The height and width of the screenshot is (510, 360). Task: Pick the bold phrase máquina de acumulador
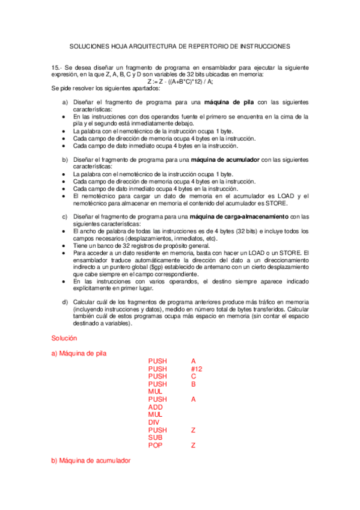[x=225, y=160]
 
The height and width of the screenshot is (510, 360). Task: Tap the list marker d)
[x=66, y=302]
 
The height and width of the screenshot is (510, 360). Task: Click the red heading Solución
[x=64, y=339]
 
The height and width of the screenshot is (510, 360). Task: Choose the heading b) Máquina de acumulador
[x=91, y=460]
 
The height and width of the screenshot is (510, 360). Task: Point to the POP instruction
[x=157, y=446]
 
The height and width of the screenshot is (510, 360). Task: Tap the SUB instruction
[x=156, y=438]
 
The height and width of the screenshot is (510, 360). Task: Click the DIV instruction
[x=154, y=422]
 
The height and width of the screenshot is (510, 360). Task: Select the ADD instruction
[x=156, y=407]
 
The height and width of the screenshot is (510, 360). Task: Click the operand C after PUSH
[x=194, y=376]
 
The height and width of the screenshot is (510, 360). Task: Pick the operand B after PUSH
[x=194, y=384]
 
